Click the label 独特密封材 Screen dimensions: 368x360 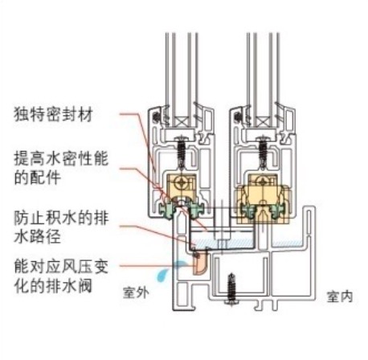click(53, 115)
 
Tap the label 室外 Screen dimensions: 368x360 click(136, 292)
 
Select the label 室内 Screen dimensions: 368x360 click(340, 297)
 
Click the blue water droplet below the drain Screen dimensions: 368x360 click(162, 275)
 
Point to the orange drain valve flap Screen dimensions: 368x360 click(200, 264)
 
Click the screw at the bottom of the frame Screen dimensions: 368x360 click(231, 289)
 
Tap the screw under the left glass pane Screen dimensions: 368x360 click(182, 153)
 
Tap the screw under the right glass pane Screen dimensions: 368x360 click(264, 153)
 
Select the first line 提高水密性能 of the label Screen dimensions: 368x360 click(61, 158)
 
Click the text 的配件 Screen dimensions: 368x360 click(38, 178)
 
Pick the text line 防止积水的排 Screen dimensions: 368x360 click(61, 218)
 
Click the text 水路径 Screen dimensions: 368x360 click(38, 236)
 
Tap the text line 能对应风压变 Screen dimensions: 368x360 click(61, 267)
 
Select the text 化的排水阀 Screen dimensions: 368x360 click(53, 285)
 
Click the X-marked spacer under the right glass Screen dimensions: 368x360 click(264, 121)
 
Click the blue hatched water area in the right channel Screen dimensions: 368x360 click(287, 243)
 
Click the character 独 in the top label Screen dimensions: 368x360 click(22, 115)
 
